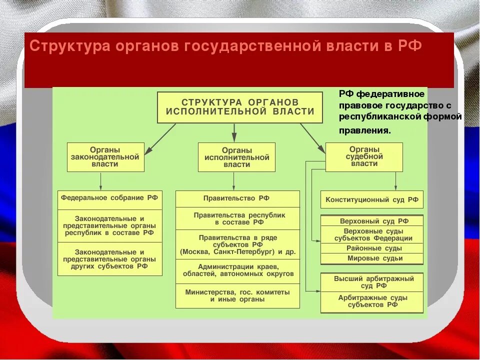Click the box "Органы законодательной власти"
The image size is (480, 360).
pyautogui.click(x=105, y=157)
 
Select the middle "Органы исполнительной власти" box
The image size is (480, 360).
pyautogui.click(x=236, y=157)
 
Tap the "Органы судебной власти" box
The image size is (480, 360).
pyautogui.click(x=364, y=157)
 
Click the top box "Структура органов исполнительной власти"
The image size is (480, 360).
pyautogui.click(x=240, y=107)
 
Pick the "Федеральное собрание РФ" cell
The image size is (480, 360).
pyautogui.click(x=109, y=198)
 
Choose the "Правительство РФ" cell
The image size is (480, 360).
pyautogui.click(x=237, y=198)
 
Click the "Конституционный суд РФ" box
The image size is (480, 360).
pyautogui.click(x=371, y=199)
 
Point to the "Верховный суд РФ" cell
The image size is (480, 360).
pyautogui.click(x=371, y=221)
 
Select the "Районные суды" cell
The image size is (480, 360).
pyautogui.click(x=371, y=248)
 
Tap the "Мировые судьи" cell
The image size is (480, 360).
pyautogui.click(x=371, y=258)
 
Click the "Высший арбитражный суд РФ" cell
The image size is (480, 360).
pyautogui.click(x=371, y=282)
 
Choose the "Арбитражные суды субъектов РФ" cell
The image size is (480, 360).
pyautogui.click(x=371, y=301)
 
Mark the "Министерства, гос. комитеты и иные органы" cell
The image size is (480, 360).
pyautogui.click(x=237, y=295)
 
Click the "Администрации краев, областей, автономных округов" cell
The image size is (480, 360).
pyautogui.click(x=237, y=271)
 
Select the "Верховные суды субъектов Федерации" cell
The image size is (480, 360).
pyautogui.click(x=371, y=234)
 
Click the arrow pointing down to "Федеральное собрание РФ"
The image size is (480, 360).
pyautogui.click(x=100, y=180)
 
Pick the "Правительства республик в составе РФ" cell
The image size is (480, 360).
pyautogui.click(x=237, y=218)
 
